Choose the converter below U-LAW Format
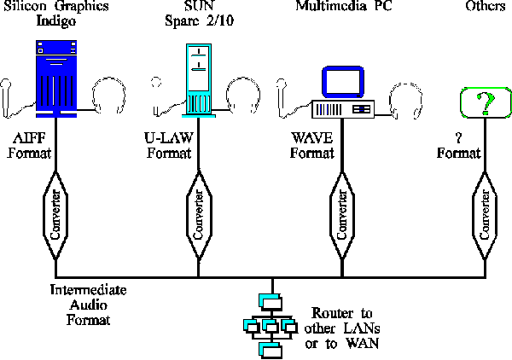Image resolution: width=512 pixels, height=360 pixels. (x=198, y=210)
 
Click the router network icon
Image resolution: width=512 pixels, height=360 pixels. (x=268, y=323)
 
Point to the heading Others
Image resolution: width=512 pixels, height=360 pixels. (x=486, y=7)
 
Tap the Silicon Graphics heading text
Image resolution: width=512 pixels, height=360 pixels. (x=59, y=7)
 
